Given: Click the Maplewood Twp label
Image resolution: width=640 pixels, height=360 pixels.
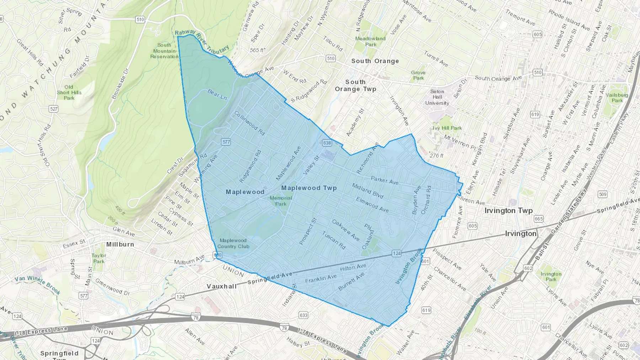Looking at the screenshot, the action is click(309, 188).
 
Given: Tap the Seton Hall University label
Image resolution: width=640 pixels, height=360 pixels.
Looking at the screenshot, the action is click(437, 97).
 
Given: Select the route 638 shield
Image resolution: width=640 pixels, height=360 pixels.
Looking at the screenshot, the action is click(327, 143).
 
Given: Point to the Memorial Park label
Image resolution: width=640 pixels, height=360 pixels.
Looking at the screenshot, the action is click(281, 201).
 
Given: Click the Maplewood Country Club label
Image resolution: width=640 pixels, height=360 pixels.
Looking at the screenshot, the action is click(233, 243).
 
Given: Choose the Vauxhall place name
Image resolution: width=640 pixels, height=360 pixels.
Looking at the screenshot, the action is click(222, 286).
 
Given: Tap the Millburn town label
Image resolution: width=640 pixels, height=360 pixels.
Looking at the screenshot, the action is click(120, 245).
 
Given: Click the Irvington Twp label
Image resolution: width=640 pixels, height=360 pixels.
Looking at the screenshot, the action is click(508, 210).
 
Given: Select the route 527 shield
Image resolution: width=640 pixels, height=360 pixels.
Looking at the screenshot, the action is click(54, 109).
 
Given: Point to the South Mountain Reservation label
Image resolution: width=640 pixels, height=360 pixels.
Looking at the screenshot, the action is click(164, 50).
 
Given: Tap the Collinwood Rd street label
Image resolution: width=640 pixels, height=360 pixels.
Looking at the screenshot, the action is click(249, 123).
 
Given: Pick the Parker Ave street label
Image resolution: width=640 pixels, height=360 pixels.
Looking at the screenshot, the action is click(384, 180).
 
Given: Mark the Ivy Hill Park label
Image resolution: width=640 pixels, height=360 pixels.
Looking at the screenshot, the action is click(447, 128).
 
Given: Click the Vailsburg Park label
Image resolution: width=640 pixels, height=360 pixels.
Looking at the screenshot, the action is click(617, 97).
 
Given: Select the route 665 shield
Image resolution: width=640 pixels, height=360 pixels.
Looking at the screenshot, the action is click(538, 219).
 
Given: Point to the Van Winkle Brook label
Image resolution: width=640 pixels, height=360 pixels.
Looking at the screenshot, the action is click(37, 285).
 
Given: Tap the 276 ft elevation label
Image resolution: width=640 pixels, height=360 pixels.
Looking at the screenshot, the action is click(436, 156).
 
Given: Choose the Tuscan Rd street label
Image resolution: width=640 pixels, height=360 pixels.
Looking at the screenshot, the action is click(334, 240).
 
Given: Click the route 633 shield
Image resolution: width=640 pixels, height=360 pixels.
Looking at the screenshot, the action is click(303, 315).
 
